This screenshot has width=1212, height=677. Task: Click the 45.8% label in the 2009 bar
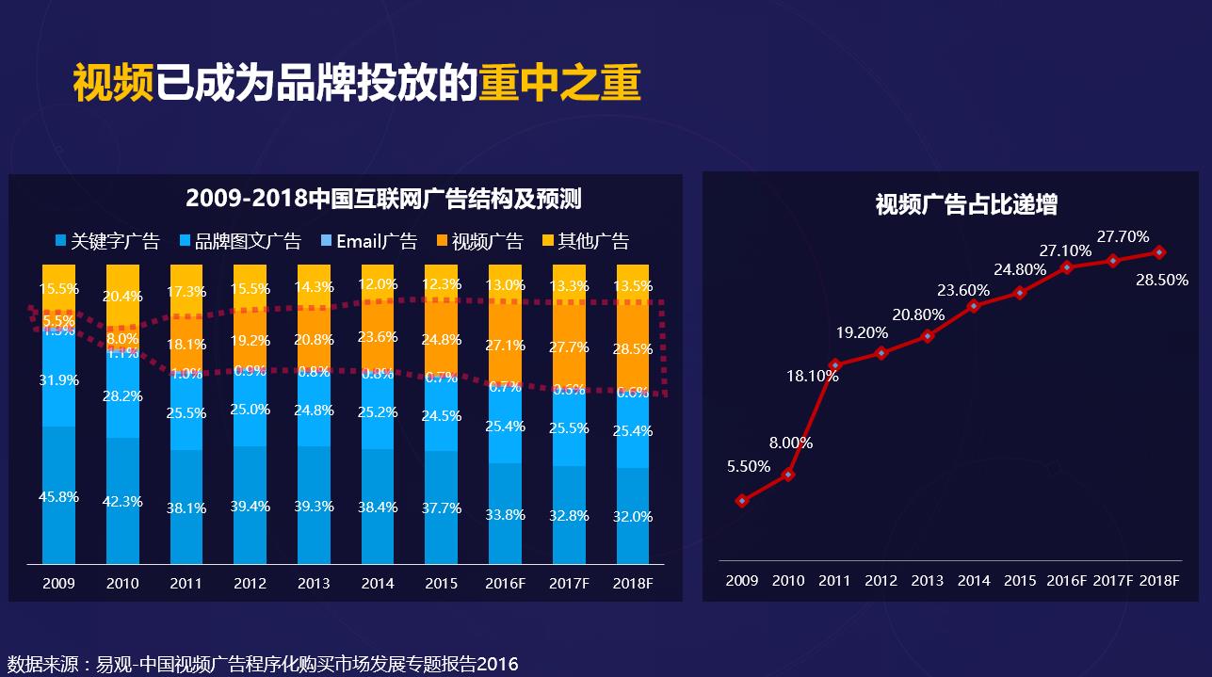click(58, 497)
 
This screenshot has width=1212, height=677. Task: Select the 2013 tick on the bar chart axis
click(314, 584)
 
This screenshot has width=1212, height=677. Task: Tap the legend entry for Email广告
click(369, 241)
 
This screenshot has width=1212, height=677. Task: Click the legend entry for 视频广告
click(480, 241)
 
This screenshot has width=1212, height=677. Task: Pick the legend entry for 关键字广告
click(107, 241)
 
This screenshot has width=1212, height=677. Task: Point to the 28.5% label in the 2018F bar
click(633, 349)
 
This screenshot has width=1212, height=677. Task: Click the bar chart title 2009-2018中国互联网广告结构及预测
click(383, 199)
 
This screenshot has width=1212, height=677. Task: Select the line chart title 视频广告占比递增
click(966, 204)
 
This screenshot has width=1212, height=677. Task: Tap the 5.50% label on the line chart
click(749, 466)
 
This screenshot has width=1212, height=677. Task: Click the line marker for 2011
click(834, 364)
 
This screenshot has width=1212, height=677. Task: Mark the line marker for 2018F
click(1159, 252)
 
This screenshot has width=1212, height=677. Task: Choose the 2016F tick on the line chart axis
click(1066, 581)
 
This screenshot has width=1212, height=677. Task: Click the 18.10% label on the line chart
click(812, 376)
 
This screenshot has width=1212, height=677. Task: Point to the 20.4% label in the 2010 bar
click(122, 297)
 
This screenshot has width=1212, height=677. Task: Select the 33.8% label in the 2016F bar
click(506, 515)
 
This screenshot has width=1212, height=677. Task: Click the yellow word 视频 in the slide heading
click(113, 84)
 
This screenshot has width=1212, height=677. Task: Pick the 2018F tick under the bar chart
click(633, 584)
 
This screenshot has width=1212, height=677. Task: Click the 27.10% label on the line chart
click(1065, 250)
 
